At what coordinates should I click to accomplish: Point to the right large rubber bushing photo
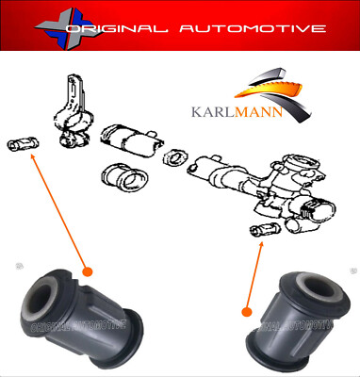click(296, 313)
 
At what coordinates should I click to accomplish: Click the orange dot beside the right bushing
click(247, 310)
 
